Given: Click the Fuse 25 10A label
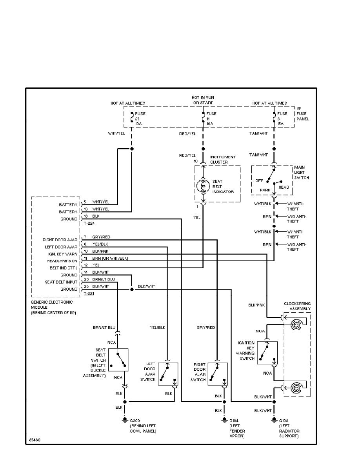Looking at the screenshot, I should (140, 119).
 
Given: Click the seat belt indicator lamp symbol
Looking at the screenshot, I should (203, 186).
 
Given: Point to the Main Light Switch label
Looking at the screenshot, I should (301, 173).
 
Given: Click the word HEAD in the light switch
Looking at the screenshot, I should (284, 187).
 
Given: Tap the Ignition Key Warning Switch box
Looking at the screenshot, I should (267, 353).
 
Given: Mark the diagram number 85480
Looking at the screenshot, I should (35, 440).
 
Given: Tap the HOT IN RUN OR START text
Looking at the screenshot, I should (203, 100).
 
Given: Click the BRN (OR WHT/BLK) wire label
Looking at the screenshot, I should (110, 258).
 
